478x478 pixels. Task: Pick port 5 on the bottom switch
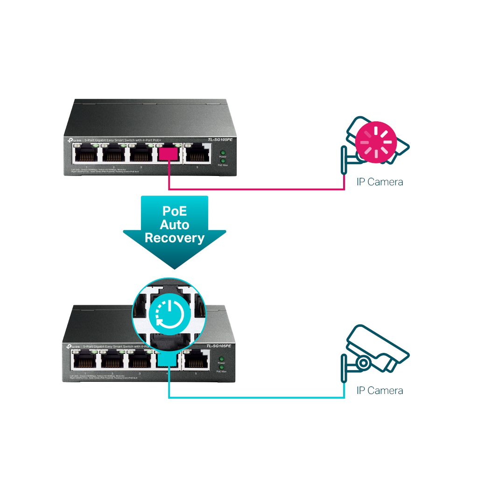(x=197, y=361)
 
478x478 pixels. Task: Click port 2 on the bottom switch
(x=113, y=361)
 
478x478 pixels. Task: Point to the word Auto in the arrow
(x=175, y=225)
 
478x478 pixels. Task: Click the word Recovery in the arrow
(x=175, y=238)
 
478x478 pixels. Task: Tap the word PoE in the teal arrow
(x=175, y=211)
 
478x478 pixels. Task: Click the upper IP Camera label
(x=380, y=182)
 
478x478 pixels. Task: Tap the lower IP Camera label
(x=380, y=390)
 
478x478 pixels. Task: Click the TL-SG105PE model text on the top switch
(x=220, y=140)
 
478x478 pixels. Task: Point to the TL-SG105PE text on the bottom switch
(x=220, y=346)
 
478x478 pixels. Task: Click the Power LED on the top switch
(x=222, y=153)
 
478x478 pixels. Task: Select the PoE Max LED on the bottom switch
(x=222, y=367)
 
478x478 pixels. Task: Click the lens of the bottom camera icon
(x=363, y=363)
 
